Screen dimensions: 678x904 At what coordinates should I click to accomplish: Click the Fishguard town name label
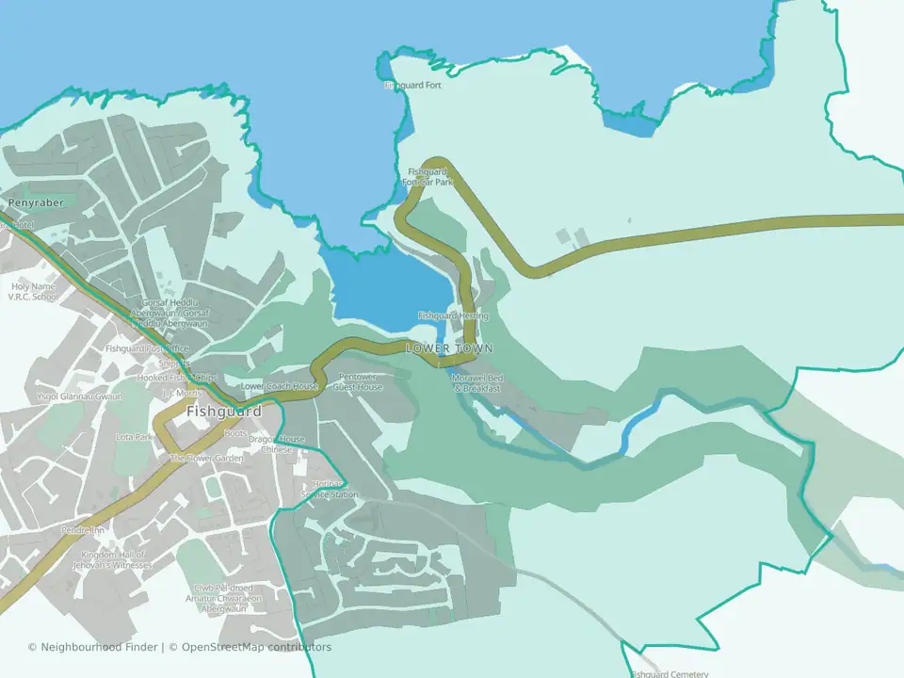pos(223,412)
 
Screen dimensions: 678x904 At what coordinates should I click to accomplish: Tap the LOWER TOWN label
pos(449,348)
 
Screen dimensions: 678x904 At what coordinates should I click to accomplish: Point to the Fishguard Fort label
pos(412,86)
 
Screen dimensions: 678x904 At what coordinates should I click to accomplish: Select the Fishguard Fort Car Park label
pos(430,177)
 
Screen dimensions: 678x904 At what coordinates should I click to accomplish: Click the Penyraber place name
pos(34,202)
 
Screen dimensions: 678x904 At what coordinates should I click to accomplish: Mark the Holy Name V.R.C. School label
pos(33,292)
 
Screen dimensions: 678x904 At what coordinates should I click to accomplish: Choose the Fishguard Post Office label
pos(147,348)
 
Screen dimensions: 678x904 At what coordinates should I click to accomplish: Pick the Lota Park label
pos(134,437)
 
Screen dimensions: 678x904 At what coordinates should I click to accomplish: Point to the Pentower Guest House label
pos(358,381)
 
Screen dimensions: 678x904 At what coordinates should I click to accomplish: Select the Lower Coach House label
pos(279,386)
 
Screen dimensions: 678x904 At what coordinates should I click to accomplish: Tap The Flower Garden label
pos(205,459)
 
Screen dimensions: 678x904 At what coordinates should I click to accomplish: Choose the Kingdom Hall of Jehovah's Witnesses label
pos(115,559)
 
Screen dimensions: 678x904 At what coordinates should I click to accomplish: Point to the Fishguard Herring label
pos(453,315)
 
